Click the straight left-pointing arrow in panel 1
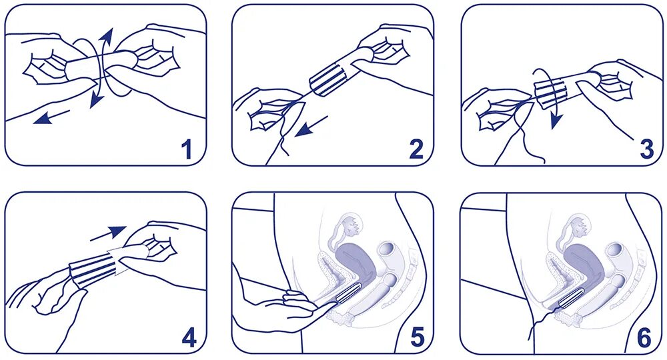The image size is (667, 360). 51,116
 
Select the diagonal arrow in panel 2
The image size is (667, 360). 311,126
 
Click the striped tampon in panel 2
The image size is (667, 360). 329,78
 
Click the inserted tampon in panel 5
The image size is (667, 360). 349,293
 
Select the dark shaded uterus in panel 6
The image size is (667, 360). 583,260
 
